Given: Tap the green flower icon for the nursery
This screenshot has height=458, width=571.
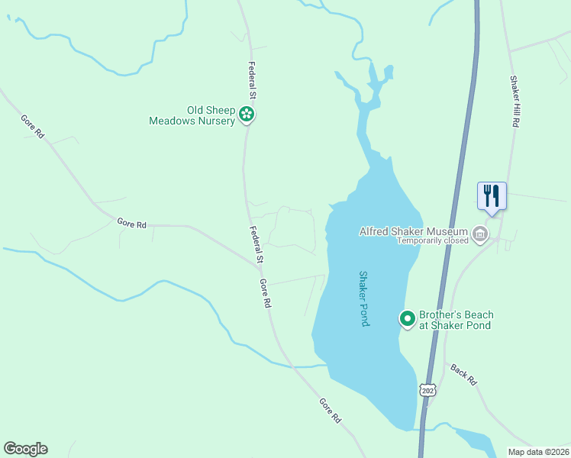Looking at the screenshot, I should pos(247,114).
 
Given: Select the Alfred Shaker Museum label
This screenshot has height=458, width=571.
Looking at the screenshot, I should pos(413,231).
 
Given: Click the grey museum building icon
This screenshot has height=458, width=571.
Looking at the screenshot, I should pos(480,233).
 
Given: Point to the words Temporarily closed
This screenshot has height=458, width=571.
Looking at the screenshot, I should pos(432,240).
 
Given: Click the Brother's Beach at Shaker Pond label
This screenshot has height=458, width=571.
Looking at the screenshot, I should pos(456,320).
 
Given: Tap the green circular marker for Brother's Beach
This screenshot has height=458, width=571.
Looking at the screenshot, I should pos(408,319).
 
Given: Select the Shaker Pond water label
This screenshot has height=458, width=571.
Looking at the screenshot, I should pos(364,298).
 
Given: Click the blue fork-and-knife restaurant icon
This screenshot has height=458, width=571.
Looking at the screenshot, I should pos(492,195).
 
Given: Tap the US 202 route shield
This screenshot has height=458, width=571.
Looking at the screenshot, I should pos(428,389).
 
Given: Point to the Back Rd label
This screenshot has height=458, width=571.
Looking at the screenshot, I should pos(463,374).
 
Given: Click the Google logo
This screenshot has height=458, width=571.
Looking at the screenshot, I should pos(25,449).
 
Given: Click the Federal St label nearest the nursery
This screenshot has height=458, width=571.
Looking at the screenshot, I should pos(250,82).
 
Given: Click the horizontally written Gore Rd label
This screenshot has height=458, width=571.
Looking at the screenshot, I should pos(131,224).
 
